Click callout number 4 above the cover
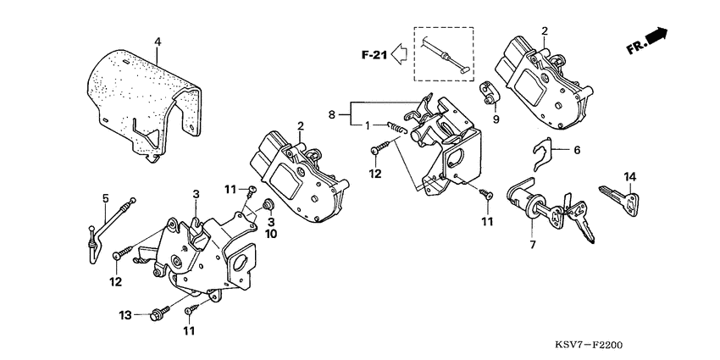click(x=157, y=42)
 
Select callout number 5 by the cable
click(x=105, y=199)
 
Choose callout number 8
click(x=331, y=113)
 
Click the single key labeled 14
click(x=624, y=201)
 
